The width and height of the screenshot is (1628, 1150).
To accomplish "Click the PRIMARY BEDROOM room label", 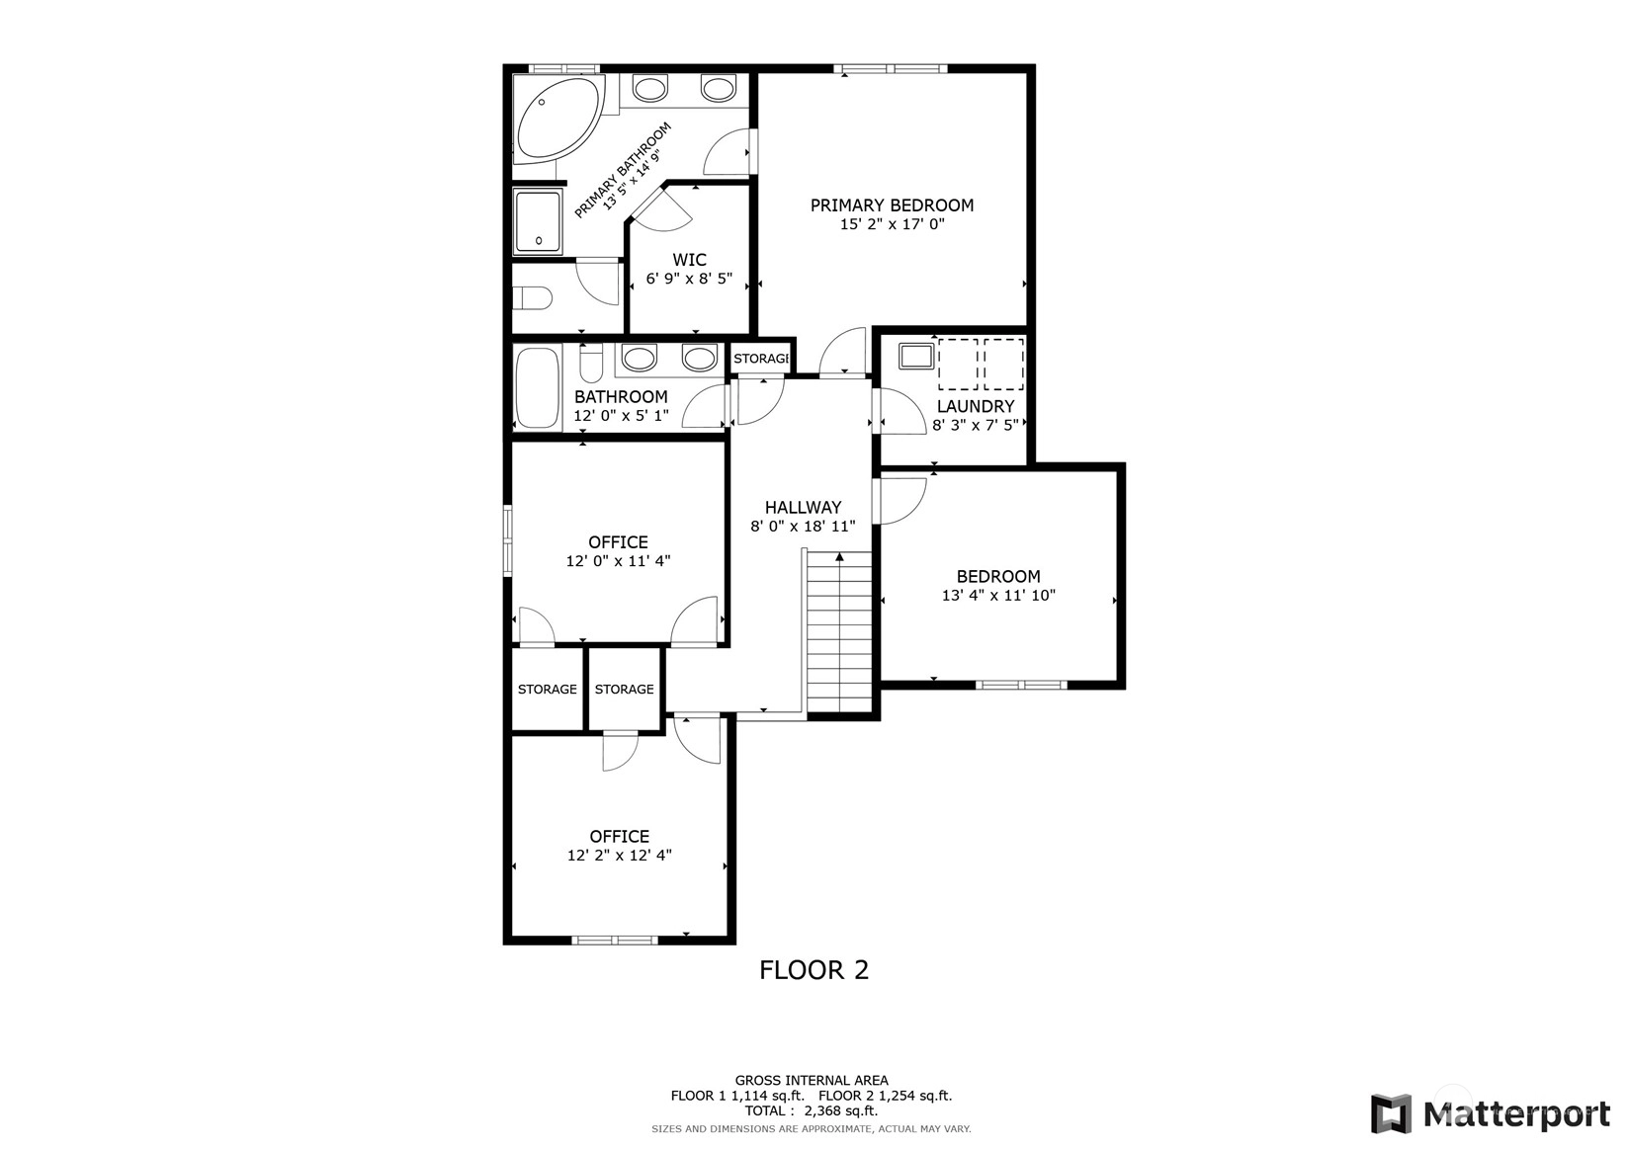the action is click(x=892, y=205).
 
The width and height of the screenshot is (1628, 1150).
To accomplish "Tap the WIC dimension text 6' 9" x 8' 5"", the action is click(x=689, y=279).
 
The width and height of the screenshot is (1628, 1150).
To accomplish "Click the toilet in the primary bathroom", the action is click(x=533, y=297).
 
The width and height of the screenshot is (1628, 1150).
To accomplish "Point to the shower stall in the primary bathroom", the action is click(x=538, y=221).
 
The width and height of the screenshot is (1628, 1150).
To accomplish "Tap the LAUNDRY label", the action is click(x=976, y=406).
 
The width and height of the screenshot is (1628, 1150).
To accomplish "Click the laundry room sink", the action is click(x=916, y=356).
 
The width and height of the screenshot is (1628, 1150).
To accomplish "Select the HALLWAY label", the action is click(x=803, y=507).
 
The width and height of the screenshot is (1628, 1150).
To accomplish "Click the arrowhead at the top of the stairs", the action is click(x=839, y=557).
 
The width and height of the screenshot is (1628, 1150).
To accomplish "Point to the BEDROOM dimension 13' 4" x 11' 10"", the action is click(x=998, y=596).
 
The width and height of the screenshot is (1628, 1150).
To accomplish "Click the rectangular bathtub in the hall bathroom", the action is click(x=538, y=388).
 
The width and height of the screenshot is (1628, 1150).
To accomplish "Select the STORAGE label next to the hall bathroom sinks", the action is click(x=761, y=359).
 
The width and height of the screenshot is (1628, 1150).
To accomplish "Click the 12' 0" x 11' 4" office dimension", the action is click(x=619, y=561).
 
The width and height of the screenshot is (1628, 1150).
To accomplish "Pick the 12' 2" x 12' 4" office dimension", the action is click(x=619, y=855).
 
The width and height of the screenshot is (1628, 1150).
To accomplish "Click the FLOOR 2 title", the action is click(x=814, y=970).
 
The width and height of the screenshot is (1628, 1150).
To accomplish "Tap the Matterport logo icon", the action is click(x=1391, y=1113).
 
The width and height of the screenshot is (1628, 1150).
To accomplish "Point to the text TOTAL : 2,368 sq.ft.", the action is click(x=812, y=1110).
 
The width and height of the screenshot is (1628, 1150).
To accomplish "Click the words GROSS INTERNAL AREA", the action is click(x=812, y=1080).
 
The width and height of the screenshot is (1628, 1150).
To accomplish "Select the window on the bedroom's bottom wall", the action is click(x=1021, y=685).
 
